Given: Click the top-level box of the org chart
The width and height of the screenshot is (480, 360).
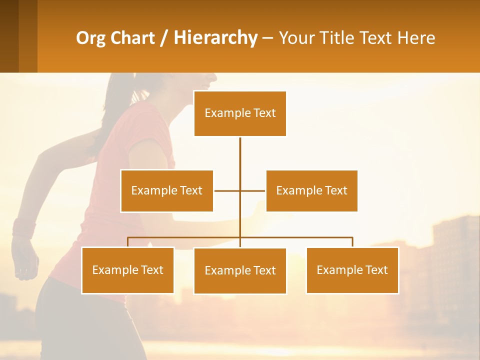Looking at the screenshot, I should click(x=240, y=113).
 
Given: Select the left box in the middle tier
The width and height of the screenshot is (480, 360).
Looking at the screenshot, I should click(x=166, y=190).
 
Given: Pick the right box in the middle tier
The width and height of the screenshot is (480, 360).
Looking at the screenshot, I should click(x=311, y=190).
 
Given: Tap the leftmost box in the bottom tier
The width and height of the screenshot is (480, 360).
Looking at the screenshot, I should click(x=127, y=270).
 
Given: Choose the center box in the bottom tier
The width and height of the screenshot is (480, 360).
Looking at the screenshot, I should click(x=240, y=270).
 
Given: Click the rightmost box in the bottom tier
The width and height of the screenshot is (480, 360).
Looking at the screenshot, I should click(x=352, y=270).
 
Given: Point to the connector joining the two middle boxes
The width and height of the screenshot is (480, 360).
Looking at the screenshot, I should click(x=227, y=190).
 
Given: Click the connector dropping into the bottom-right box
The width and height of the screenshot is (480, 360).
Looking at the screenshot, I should click(x=352, y=242).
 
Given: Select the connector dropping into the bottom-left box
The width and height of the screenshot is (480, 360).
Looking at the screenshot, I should click(x=128, y=242).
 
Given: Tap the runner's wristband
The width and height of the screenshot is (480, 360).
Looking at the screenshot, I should click(x=23, y=228).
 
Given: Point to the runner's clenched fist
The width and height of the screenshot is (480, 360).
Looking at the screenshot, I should click(x=25, y=260).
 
